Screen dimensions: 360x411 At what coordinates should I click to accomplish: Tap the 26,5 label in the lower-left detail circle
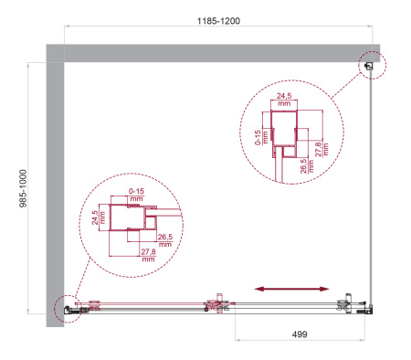(x=165, y=240)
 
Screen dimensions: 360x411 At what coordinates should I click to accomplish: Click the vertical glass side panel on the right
(x=372, y=183)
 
